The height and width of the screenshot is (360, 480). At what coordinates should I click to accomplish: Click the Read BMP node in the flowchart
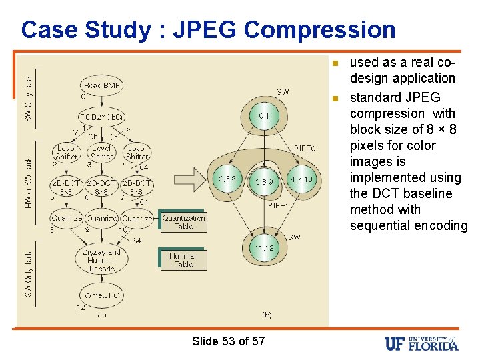coord(101,85)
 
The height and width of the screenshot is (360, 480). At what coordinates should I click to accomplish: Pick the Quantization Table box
coord(184,221)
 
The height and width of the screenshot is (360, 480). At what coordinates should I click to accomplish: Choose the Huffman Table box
coord(183,259)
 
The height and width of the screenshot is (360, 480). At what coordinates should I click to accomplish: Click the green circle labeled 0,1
coord(265,117)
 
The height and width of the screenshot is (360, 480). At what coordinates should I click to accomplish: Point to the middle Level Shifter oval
coord(101,151)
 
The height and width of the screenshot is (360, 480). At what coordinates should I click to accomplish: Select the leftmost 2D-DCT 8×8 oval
coord(66,187)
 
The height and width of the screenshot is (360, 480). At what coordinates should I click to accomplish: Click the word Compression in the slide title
coord(319,29)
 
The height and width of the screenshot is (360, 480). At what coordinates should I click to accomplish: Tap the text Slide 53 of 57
coord(228,341)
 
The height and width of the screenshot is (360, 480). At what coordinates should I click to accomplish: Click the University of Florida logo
coord(421,343)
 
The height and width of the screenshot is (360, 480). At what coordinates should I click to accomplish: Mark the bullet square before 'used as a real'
coord(335,63)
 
